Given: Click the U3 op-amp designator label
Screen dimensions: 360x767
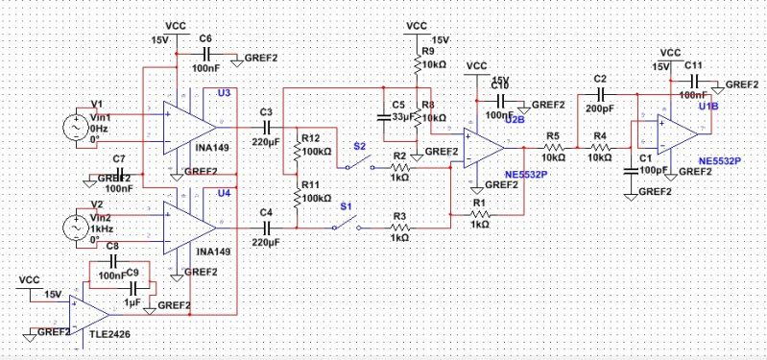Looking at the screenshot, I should coord(224,92).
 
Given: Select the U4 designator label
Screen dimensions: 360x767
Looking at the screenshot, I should coord(224,193).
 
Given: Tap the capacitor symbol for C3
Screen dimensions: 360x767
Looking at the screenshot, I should coord(266,126).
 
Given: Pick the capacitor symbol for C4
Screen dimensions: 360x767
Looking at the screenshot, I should coord(266,227).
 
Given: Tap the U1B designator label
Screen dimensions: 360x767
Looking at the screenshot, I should coord(707,106).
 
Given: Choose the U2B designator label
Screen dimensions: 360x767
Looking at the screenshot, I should coord(515,121).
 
